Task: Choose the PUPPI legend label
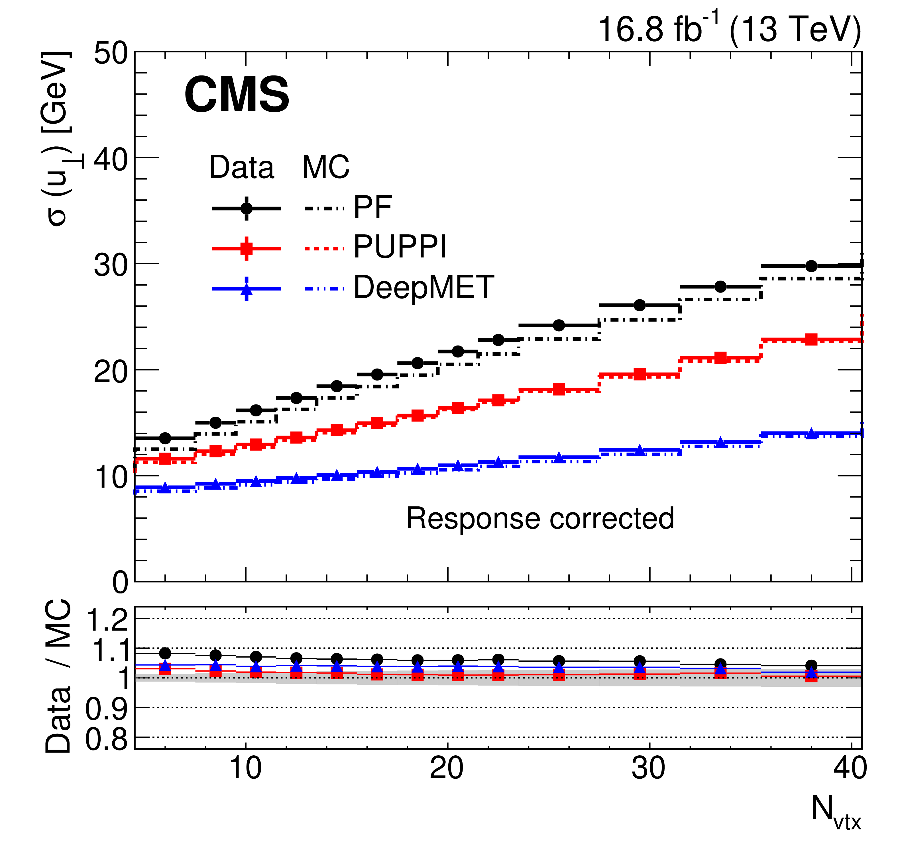coord(400,247)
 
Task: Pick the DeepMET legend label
coord(424,288)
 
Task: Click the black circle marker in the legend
coord(247,208)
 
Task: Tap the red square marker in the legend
coord(247,249)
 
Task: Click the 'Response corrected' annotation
coord(540,519)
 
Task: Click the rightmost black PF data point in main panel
coord(811,266)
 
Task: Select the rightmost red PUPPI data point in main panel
coord(811,340)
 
